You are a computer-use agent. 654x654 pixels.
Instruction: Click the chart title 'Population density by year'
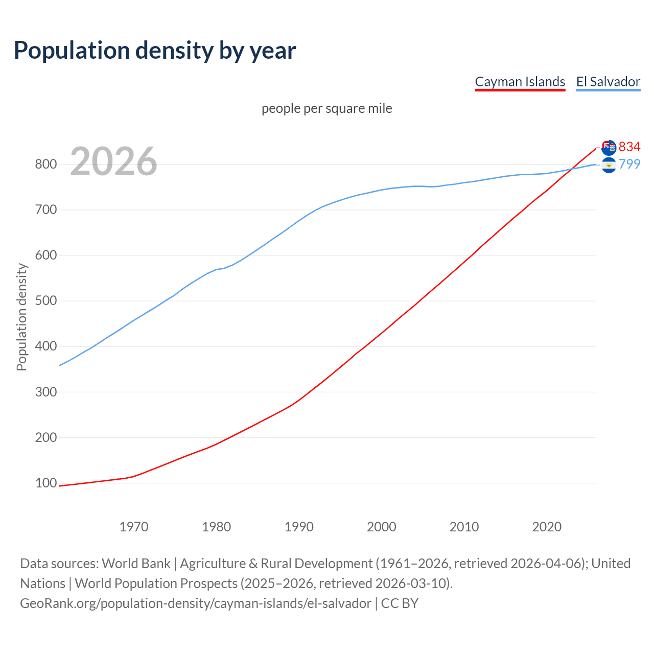(155, 51)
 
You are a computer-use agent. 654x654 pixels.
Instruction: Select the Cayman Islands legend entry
(520, 82)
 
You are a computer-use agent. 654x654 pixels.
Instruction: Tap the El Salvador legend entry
(608, 82)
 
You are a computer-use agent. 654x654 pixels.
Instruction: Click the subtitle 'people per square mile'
(326, 109)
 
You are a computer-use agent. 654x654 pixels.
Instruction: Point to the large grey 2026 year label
(113, 161)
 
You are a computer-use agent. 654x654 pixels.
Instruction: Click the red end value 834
(629, 147)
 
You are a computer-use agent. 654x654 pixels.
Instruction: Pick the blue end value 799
(629, 164)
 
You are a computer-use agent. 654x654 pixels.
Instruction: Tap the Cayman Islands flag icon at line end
(609, 148)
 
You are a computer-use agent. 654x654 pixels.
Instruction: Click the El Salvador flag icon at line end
(609, 165)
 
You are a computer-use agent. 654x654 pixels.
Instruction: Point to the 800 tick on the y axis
(45, 165)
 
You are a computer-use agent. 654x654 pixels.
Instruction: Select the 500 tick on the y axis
(45, 301)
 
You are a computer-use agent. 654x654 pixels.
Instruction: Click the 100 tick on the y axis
(45, 483)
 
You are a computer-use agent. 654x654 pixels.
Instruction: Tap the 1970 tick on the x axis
(134, 527)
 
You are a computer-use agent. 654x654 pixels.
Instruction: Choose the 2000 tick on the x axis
(382, 527)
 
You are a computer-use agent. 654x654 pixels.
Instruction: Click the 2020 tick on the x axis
(547, 527)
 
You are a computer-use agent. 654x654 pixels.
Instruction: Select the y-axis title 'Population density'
(21, 317)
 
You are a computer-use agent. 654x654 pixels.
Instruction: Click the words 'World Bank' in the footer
(136, 564)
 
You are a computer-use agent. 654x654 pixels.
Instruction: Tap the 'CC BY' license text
(400, 603)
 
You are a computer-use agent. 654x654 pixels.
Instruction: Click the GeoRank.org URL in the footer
(196, 603)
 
